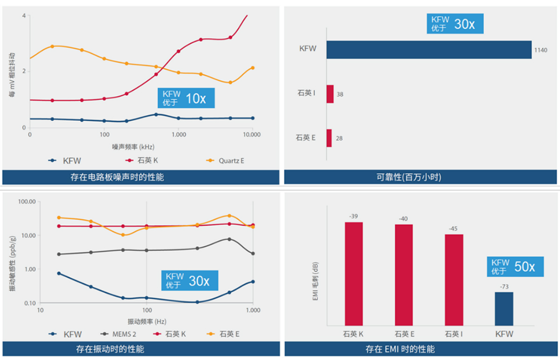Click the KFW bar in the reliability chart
(428, 50)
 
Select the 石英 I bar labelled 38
(330, 94)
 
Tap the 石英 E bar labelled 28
(329, 138)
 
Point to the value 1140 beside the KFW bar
(540, 50)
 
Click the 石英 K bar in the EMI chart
(353, 274)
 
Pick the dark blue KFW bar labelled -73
(504, 309)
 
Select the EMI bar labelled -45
(454, 280)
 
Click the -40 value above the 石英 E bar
(404, 219)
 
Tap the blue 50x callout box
(516, 267)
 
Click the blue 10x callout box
(186, 98)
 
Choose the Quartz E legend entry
(226, 161)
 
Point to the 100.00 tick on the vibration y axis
(27, 202)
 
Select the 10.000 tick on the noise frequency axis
(252, 135)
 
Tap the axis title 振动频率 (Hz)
(147, 321)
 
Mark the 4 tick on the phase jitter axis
(24, 16)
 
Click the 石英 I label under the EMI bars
(454, 334)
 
